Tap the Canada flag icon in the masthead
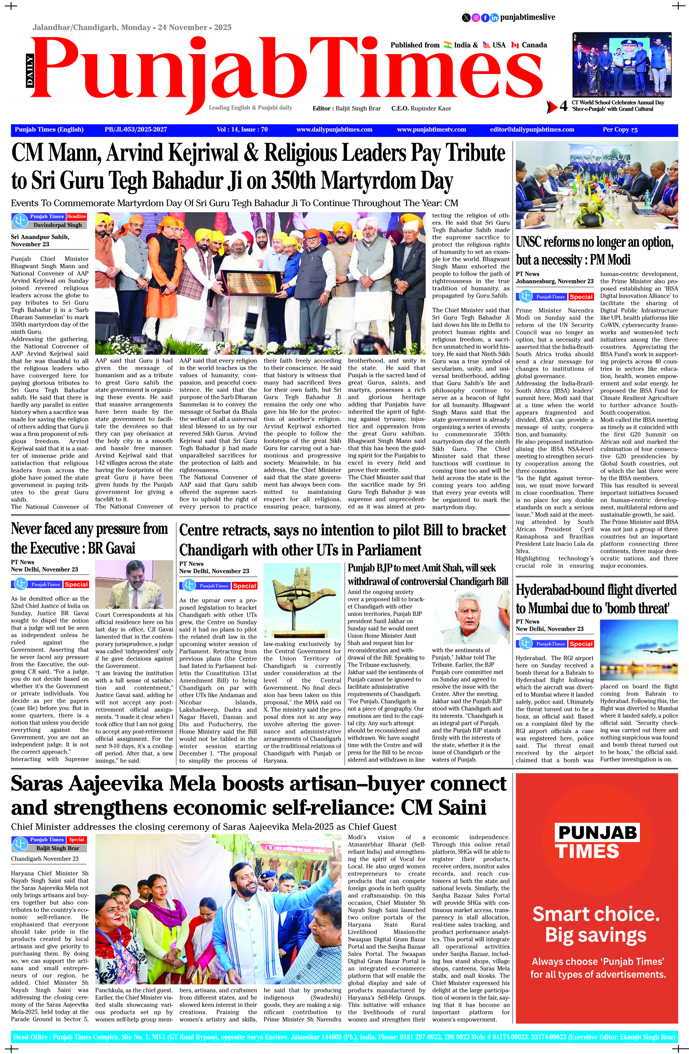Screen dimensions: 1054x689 click(515, 45)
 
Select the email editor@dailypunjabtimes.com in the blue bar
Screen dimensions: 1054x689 click(532, 130)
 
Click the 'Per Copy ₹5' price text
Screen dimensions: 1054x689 click(620, 130)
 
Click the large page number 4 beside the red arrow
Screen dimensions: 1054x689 click(563, 106)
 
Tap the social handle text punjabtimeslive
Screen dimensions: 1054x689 click(527, 17)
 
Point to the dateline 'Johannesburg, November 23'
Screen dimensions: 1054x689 click(554, 281)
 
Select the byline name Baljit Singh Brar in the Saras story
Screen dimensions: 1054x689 click(58, 848)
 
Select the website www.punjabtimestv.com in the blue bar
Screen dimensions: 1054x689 click(431, 130)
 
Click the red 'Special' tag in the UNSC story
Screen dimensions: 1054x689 click(581, 297)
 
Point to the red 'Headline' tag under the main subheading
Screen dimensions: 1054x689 click(76, 217)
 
